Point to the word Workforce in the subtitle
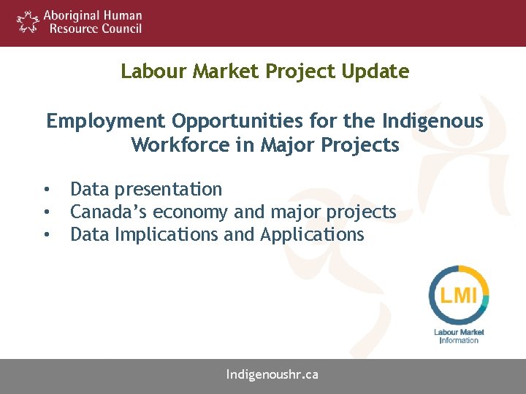[182, 145]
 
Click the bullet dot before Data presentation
[46, 190]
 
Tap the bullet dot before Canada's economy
[46, 212]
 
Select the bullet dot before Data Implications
[46, 235]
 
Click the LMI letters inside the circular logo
[459, 295]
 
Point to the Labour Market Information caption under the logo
[459, 336]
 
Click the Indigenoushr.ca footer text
[272, 375]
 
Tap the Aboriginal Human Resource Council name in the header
[92, 22]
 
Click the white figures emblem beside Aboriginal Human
[28, 22]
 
